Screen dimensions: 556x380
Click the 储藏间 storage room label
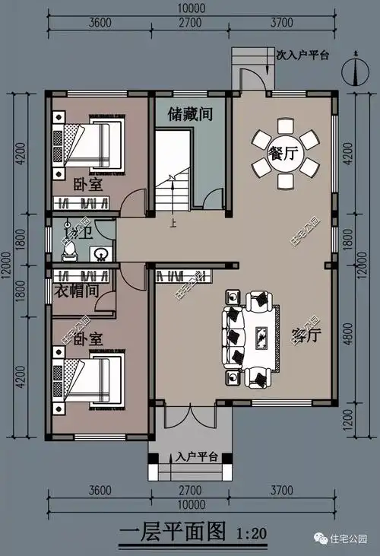189,114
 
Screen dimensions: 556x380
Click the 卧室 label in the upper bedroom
88,184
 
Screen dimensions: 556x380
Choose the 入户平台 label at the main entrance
197,457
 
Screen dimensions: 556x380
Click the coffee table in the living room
260,336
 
